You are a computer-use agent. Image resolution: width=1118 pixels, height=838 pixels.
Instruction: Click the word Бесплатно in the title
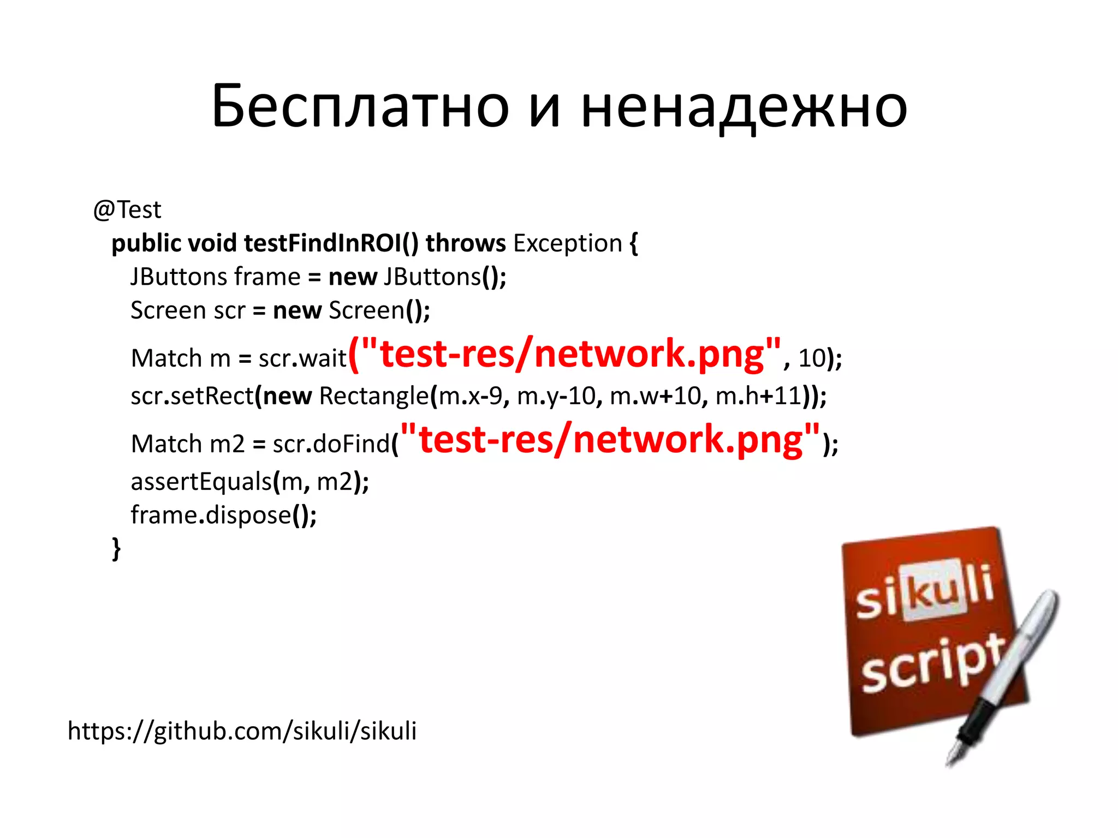point(360,106)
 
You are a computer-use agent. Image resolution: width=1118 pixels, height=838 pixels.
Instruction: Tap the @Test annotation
point(127,210)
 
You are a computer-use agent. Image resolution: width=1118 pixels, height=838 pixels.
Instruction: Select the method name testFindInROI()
point(331,243)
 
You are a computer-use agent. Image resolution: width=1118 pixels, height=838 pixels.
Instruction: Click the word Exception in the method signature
point(568,243)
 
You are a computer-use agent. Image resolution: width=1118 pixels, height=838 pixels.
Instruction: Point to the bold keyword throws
point(466,243)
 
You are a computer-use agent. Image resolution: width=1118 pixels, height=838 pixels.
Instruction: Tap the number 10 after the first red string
point(812,358)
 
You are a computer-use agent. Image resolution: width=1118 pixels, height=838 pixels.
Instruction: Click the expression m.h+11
point(758,396)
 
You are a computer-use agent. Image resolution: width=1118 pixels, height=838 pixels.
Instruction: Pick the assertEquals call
point(201,482)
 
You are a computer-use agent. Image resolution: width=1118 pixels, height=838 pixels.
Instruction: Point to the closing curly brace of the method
point(116,548)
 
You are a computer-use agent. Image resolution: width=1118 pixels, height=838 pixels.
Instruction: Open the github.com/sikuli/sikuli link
point(242,731)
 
